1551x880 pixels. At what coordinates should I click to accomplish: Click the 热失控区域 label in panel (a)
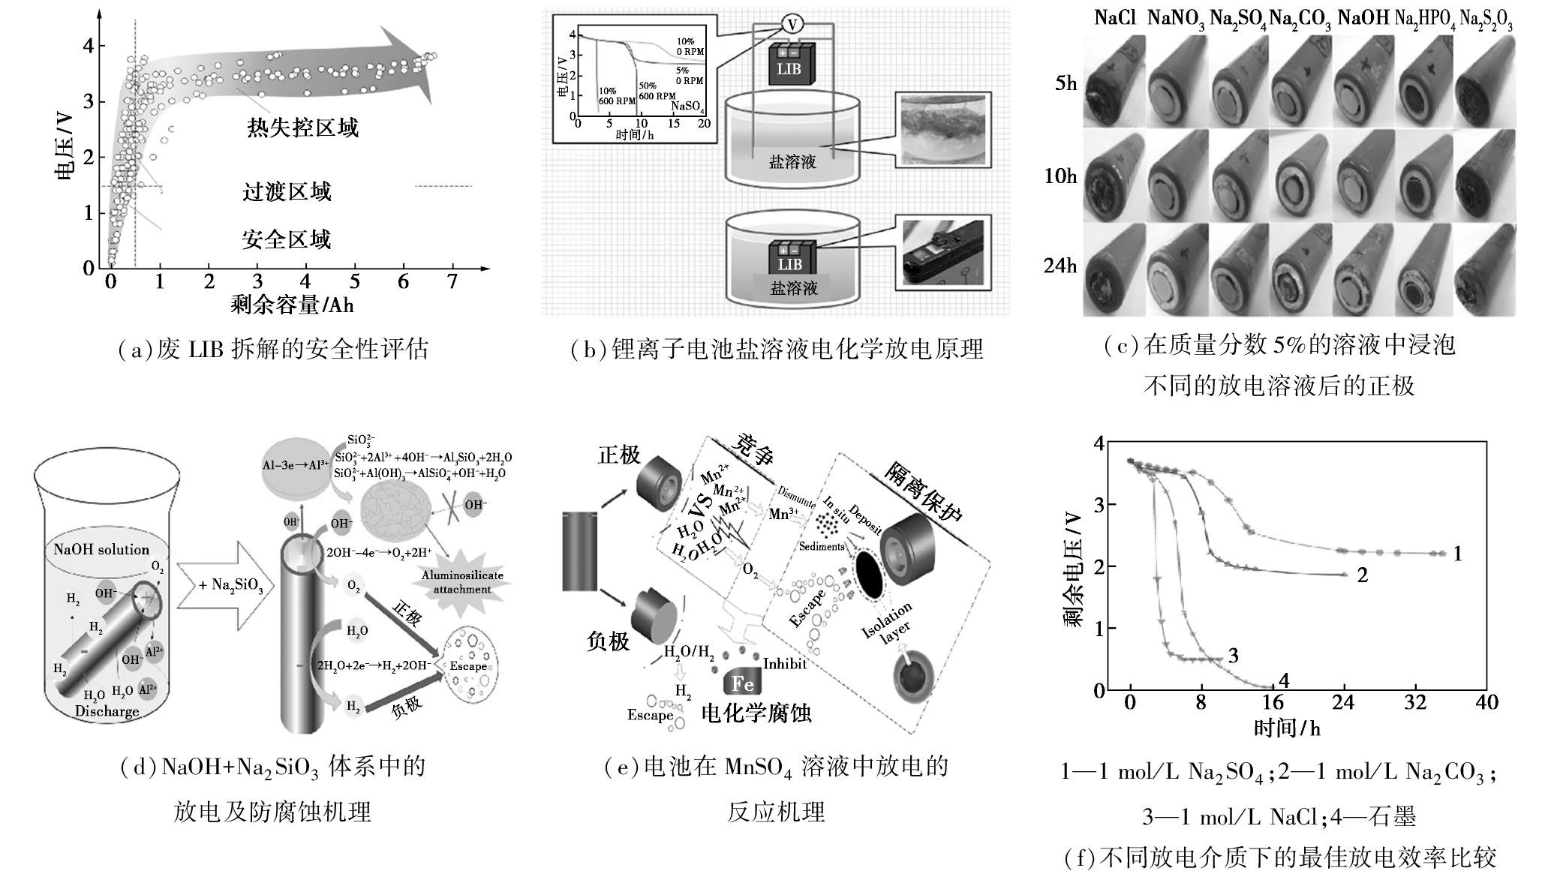point(302,128)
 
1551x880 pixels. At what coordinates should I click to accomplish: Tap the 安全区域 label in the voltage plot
point(286,240)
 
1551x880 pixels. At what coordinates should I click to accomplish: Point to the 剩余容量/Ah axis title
point(292,305)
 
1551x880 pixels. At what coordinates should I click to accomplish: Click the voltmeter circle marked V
point(791,25)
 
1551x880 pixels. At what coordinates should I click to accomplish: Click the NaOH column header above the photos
point(1363,19)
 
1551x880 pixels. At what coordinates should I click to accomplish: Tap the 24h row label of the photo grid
point(1060,266)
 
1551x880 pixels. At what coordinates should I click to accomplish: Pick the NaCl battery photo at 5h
point(1114,80)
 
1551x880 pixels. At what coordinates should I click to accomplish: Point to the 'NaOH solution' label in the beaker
point(101,550)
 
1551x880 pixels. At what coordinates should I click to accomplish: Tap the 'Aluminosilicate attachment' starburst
point(462,582)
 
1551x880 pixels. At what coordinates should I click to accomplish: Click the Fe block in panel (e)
point(742,682)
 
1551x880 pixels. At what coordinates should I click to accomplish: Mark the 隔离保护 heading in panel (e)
point(924,491)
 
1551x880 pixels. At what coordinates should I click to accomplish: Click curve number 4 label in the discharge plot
point(1283,680)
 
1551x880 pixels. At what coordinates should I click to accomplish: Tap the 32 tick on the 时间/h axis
point(1414,703)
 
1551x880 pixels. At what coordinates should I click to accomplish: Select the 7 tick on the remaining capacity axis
point(452,281)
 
